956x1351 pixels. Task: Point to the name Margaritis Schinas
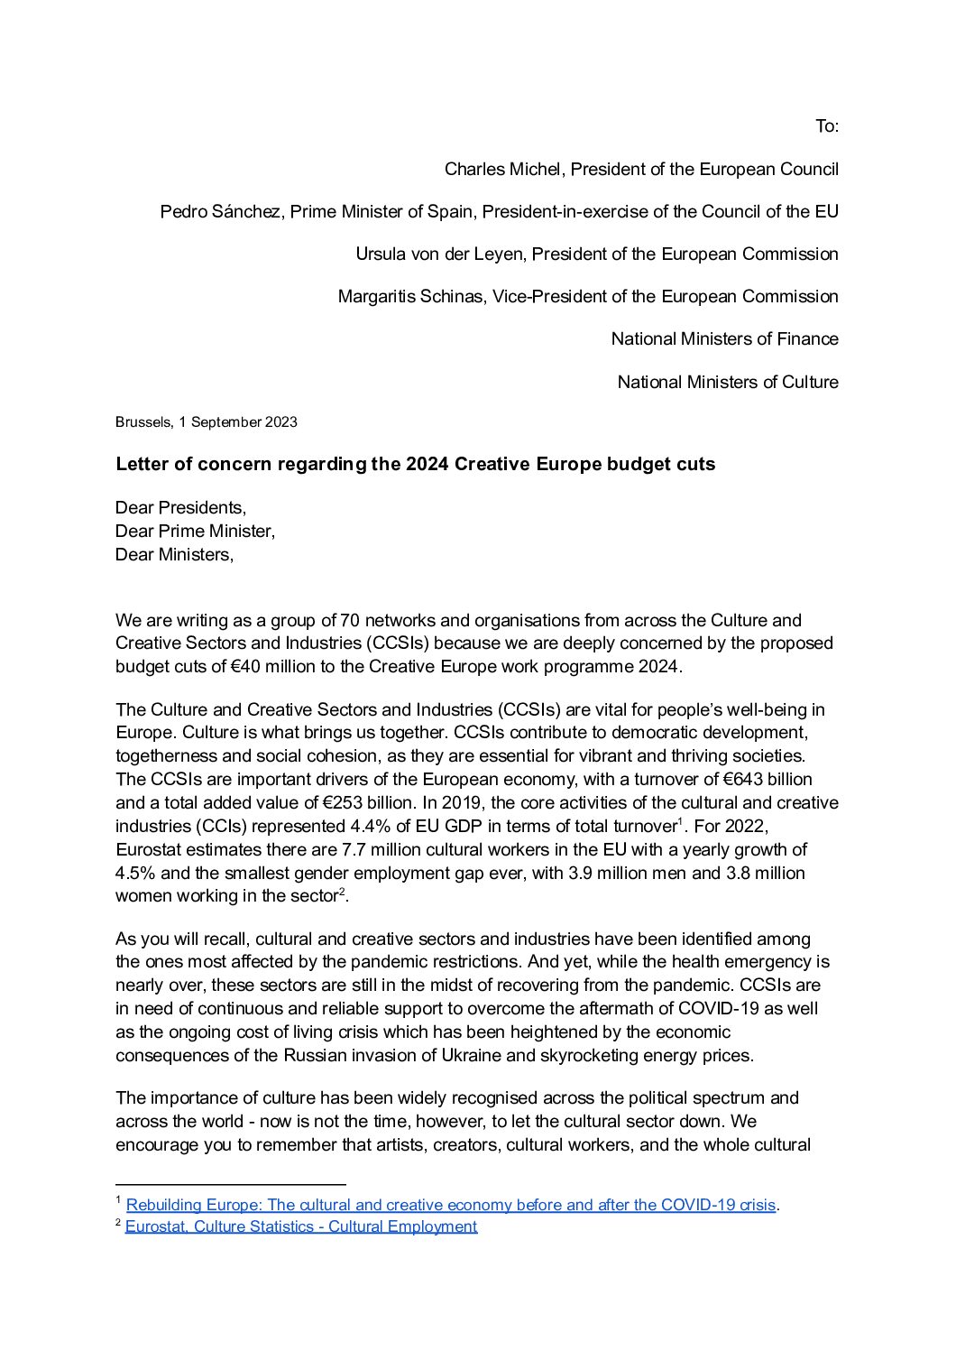(x=410, y=296)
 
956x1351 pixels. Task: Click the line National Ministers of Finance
(x=724, y=338)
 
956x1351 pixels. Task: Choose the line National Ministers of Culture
(x=728, y=382)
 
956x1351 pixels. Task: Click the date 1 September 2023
(x=238, y=421)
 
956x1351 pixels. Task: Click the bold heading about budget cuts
(x=415, y=464)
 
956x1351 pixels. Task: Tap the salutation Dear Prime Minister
(x=195, y=531)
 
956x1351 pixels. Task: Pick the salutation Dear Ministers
(x=174, y=554)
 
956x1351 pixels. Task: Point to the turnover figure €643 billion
(x=768, y=779)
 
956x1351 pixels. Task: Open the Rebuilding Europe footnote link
(x=451, y=1205)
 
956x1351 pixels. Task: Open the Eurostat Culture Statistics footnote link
(x=301, y=1226)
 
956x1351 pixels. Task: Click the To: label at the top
(x=827, y=126)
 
